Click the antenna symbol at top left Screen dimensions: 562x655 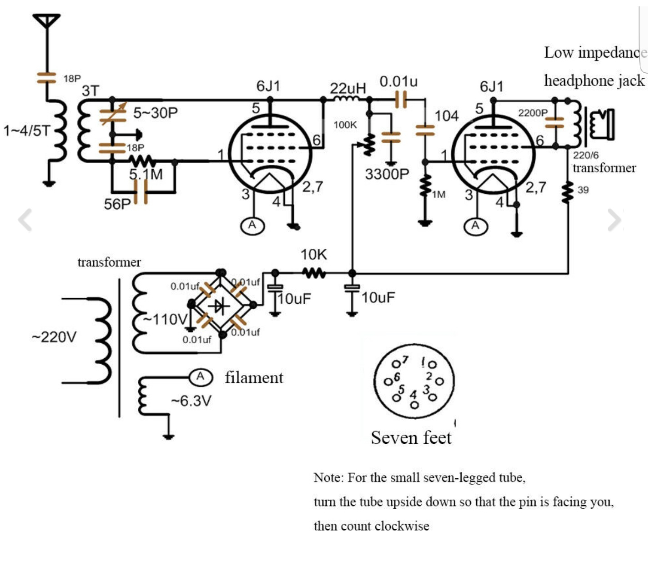(x=46, y=21)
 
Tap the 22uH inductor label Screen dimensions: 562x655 (x=348, y=88)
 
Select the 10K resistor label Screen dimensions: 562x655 (x=313, y=255)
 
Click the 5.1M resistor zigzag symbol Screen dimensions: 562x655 (x=142, y=161)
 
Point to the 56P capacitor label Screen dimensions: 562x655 (x=117, y=204)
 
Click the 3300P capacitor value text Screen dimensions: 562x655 (x=387, y=174)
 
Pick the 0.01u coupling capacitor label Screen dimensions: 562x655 (x=398, y=82)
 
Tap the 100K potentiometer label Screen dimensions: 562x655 (x=345, y=125)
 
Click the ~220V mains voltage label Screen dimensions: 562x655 (x=54, y=337)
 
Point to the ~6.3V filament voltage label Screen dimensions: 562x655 (x=191, y=401)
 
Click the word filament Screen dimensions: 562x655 (x=254, y=377)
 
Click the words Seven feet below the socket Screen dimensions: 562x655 (x=411, y=437)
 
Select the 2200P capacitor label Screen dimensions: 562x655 (x=533, y=112)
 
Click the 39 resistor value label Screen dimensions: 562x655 (x=583, y=190)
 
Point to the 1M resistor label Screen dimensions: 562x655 (x=438, y=195)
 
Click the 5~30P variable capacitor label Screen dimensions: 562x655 (x=155, y=113)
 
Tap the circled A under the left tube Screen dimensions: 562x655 (x=252, y=225)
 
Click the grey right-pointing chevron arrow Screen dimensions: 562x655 (x=614, y=220)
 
